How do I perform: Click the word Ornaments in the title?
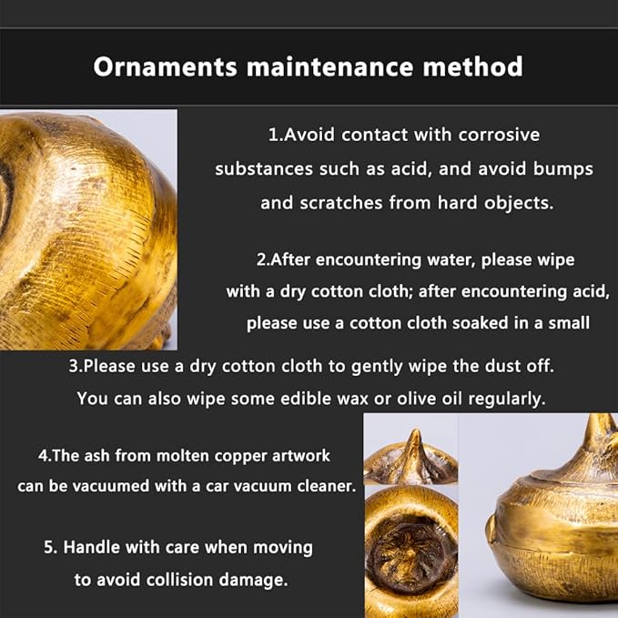tap(165, 66)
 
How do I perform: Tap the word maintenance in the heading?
tap(329, 66)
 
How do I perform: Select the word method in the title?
tap(473, 66)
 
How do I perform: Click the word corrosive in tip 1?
tap(499, 135)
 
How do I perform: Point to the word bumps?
tap(563, 169)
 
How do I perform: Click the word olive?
tap(416, 399)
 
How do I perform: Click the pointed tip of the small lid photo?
tap(414, 431)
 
